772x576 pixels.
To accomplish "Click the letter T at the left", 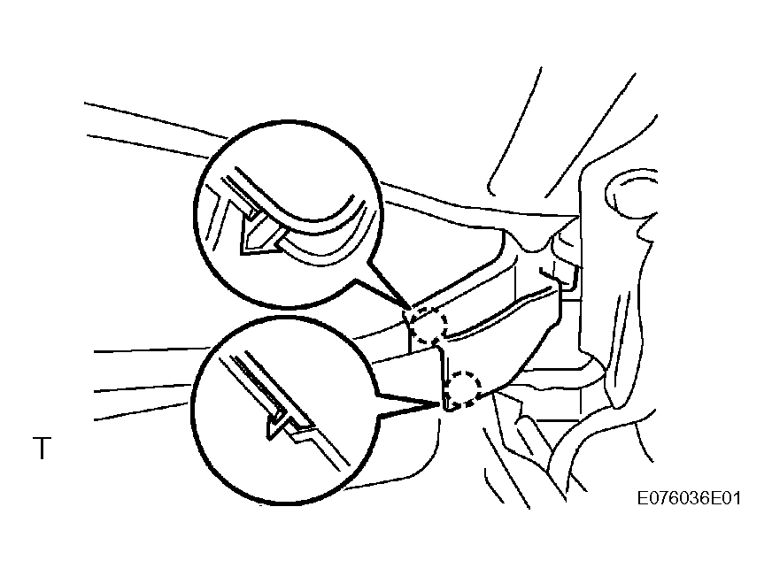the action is point(42,448).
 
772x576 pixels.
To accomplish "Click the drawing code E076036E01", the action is point(689,498).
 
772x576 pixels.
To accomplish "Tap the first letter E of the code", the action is point(643,498).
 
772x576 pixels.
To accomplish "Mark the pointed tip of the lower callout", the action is point(439,404).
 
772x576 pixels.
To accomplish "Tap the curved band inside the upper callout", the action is point(315,227).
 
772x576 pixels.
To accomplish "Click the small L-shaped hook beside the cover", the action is point(561,278).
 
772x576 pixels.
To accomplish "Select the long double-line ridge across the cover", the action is point(498,315).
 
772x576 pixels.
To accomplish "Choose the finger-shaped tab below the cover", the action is point(527,433).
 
